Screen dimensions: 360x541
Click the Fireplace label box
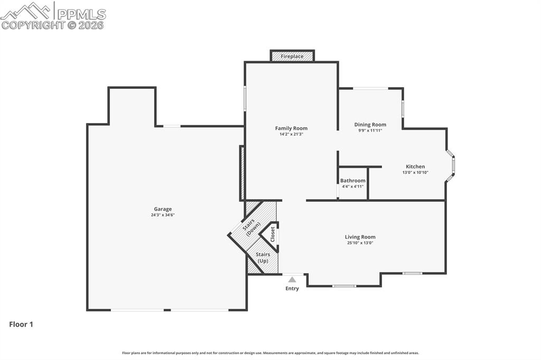click(x=292, y=56)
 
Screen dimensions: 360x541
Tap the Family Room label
click(x=291, y=128)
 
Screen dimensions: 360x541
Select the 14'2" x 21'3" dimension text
click(x=291, y=134)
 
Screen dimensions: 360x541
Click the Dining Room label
click(x=370, y=125)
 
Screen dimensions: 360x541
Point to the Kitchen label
click(x=415, y=166)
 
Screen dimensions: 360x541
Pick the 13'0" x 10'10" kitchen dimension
click(x=415, y=172)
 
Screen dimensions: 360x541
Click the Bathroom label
click(x=352, y=181)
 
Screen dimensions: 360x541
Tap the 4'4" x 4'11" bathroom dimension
click(x=352, y=186)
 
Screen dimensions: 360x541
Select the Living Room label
click(x=360, y=237)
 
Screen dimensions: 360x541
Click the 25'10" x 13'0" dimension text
click(x=360, y=243)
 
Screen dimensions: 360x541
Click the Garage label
click(x=163, y=209)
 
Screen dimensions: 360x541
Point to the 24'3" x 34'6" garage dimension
click(x=163, y=215)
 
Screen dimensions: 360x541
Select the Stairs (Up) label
click(x=263, y=258)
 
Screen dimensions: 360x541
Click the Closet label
click(x=273, y=234)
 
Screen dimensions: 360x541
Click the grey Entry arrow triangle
click(x=292, y=279)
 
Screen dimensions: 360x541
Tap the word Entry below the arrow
click(x=292, y=288)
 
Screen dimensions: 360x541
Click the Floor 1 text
click(x=21, y=325)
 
